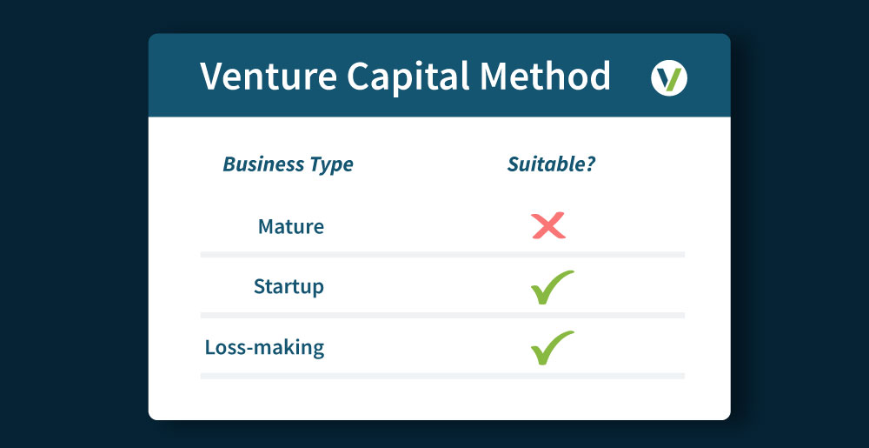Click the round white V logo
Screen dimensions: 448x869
[668, 79]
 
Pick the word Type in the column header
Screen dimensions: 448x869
[332, 165]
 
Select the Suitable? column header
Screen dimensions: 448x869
[551, 164]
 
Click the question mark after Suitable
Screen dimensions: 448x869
[590, 164]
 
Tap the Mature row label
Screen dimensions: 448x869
[291, 227]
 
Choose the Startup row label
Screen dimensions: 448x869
[289, 286]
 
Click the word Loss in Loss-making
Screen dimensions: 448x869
[223, 347]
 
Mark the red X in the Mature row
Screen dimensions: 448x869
[548, 226]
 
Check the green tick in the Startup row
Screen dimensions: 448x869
[551, 287]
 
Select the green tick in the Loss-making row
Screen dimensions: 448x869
[551, 347]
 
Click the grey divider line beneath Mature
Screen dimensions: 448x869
[442, 255]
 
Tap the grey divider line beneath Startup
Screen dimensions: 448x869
[442, 315]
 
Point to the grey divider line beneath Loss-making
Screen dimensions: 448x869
[442, 376]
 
